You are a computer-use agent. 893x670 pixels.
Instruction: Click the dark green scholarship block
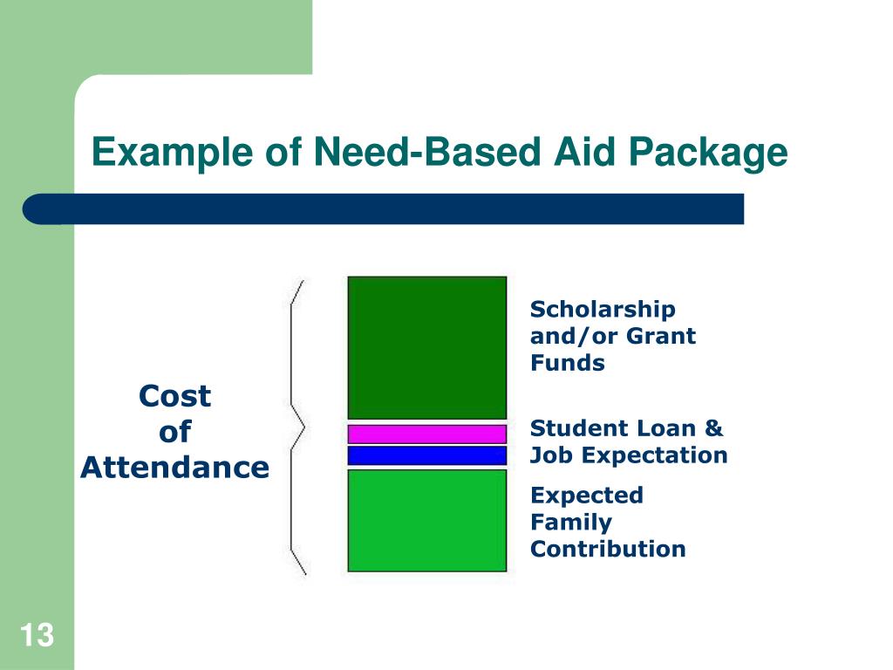click(x=426, y=347)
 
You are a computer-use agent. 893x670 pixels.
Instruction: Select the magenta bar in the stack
click(x=426, y=434)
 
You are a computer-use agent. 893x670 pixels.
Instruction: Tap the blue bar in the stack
click(x=426, y=455)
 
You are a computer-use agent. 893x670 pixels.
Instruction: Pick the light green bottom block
click(x=426, y=520)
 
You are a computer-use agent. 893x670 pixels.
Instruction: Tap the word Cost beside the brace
click(x=174, y=396)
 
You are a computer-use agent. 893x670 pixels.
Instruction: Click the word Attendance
click(x=174, y=468)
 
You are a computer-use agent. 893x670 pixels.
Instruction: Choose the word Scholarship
click(x=603, y=310)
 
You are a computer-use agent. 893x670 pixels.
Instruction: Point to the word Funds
click(x=567, y=363)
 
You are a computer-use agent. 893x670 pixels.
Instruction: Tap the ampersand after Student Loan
click(x=714, y=428)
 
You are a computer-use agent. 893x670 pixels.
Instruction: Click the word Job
click(x=552, y=455)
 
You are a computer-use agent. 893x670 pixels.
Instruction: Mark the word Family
click(x=571, y=523)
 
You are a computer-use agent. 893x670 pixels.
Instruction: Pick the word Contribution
click(x=608, y=549)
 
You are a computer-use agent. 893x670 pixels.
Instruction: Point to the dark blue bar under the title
click(x=384, y=209)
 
